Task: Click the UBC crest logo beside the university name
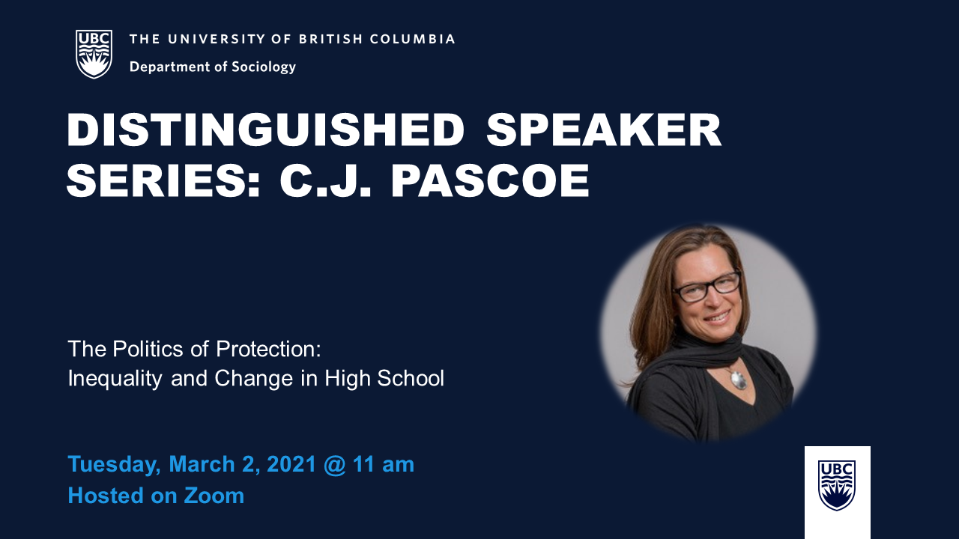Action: tap(94, 54)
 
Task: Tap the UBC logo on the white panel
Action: tap(837, 486)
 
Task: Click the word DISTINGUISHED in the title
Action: tap(265, 130)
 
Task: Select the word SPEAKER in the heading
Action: tap(604, 130)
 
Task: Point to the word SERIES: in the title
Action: tap(163, 180)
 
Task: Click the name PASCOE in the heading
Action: tap(491, 180)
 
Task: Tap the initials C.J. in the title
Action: tap(325, 180)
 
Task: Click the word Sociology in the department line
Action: tap(264, 67)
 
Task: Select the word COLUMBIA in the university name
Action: tap(412, 39)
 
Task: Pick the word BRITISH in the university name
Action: tap(331, 39)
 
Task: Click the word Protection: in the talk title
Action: tap(268, 349)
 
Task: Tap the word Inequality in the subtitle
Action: tap(115, 379)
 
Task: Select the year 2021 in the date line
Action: tap(291, 464)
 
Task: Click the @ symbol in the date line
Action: tap(335, 465)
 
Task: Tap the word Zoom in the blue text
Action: tap(214, 496)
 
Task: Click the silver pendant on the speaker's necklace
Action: tap(739, 380)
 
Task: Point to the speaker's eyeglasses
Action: tap(707, 287)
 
